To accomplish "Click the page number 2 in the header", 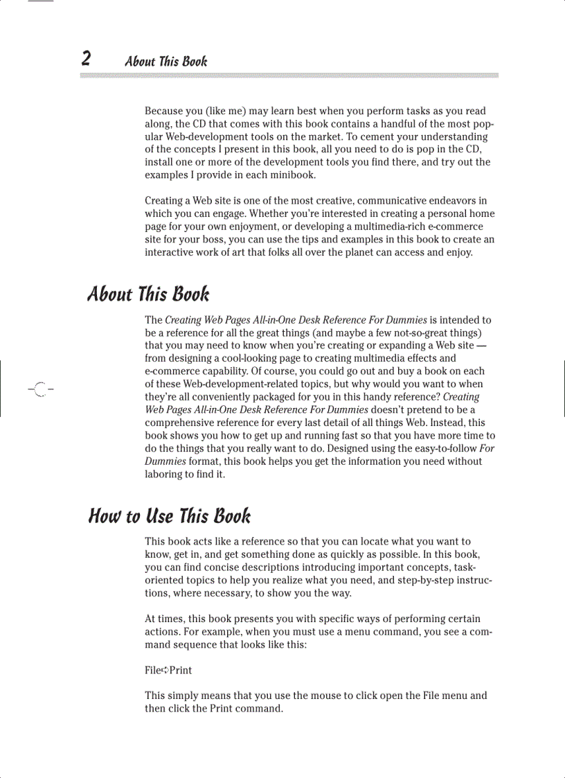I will pos(86,58).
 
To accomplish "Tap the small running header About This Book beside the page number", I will pos(165,61).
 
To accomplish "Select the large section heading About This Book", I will pos(148,294).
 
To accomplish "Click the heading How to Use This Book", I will pos(170,516).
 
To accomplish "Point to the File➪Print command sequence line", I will pos(168,670).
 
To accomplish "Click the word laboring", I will pos(165,475).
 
